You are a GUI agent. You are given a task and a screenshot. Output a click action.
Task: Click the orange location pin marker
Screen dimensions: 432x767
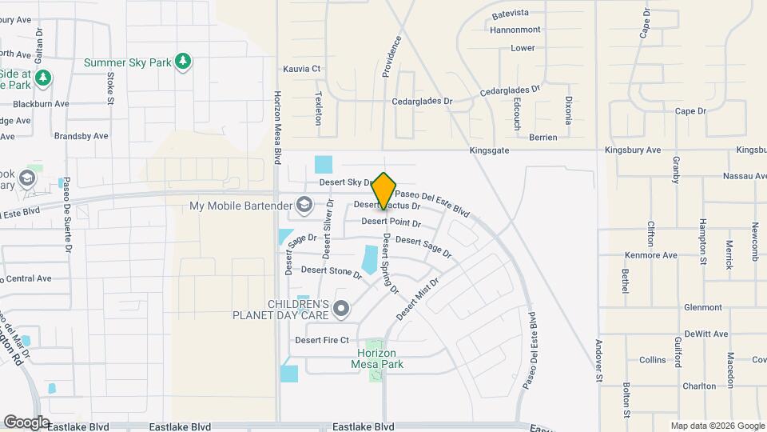tap(384, 190)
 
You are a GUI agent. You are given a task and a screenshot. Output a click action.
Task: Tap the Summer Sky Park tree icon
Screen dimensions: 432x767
tap(185, 62)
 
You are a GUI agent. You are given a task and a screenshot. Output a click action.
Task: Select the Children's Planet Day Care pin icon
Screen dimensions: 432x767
tap(342, 307)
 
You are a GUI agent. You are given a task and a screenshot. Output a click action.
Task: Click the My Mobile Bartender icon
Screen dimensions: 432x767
tap(303, 206)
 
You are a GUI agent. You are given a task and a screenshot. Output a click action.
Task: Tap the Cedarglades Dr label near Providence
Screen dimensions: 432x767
tap(423, 102)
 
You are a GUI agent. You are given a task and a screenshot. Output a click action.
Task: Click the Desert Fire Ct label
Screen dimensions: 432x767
tap(323, 340)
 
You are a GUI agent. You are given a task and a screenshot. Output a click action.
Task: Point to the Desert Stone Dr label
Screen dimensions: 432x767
tap(332, 271)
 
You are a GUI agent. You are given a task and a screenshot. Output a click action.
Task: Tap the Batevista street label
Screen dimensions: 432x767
tap(511, 14)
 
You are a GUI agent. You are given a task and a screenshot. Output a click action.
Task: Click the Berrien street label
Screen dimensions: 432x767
tap(542, 138)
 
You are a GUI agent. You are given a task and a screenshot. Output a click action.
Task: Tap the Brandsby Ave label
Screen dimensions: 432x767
tap(81, 136)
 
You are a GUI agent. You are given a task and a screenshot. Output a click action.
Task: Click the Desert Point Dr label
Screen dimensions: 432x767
tap(391, 222)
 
